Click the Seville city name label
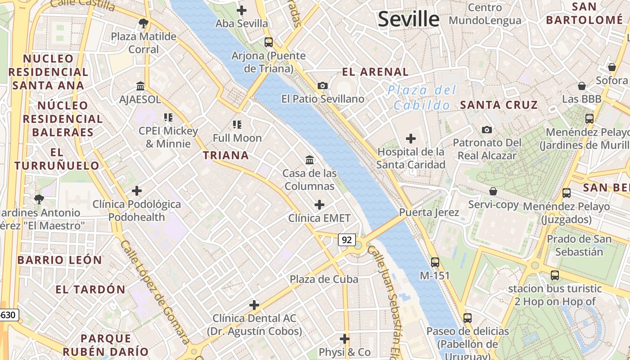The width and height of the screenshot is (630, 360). coord(408,19)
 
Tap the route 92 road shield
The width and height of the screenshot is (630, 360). coord(346,240)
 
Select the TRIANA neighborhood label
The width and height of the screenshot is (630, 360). coord(225,156)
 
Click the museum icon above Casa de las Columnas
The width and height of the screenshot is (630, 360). coord(310,160)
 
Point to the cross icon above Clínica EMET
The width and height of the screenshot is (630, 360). coord(319,205)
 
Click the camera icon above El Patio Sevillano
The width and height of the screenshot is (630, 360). coord(323,85)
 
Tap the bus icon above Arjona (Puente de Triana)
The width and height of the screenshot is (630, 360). coord(269,42)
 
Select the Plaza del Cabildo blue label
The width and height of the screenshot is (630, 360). coord(421,98)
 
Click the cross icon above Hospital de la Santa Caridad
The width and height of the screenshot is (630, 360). coord(411,139)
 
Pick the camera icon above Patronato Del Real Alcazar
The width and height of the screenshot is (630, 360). coord(486,130)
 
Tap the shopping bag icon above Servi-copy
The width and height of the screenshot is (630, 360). coord(493,191)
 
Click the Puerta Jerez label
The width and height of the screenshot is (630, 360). coord(429,212)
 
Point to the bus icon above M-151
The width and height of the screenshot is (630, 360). coord(435,262)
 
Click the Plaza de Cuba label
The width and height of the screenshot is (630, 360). coord(324,279)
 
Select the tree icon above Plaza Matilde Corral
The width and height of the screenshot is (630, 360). coord(144,23)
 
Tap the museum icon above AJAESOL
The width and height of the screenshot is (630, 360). coord(140,86)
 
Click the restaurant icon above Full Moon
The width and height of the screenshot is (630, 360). coord(237,125)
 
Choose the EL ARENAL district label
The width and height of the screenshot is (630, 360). coord(375,72)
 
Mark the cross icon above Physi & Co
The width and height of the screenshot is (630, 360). coord(345,338)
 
